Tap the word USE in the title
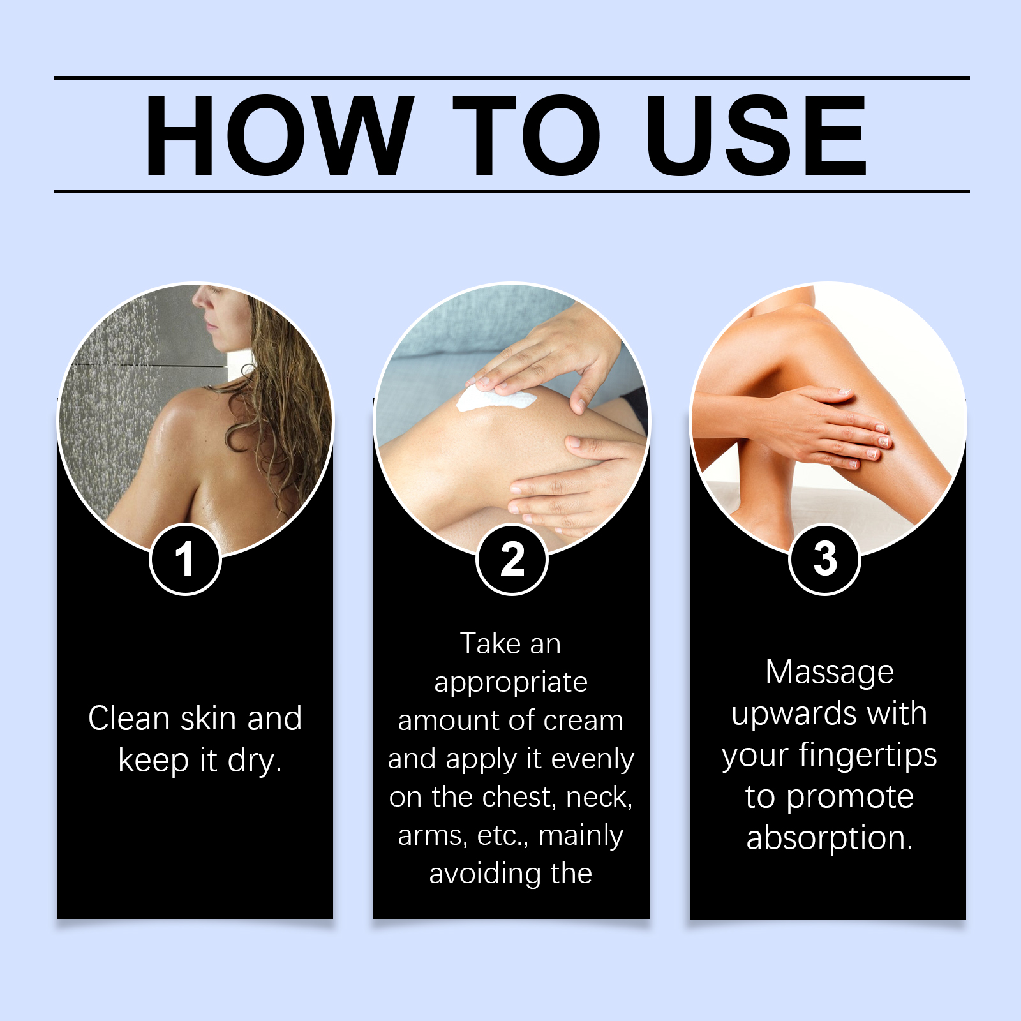coord(756,135)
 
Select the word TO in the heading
coord(527,135)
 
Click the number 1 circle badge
coord(186,560)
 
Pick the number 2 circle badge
coord(512,560)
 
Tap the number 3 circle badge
coord(825,560)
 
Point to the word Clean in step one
coord(130,718)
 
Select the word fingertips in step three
coord(868,756)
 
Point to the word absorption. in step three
coord(830,838)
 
